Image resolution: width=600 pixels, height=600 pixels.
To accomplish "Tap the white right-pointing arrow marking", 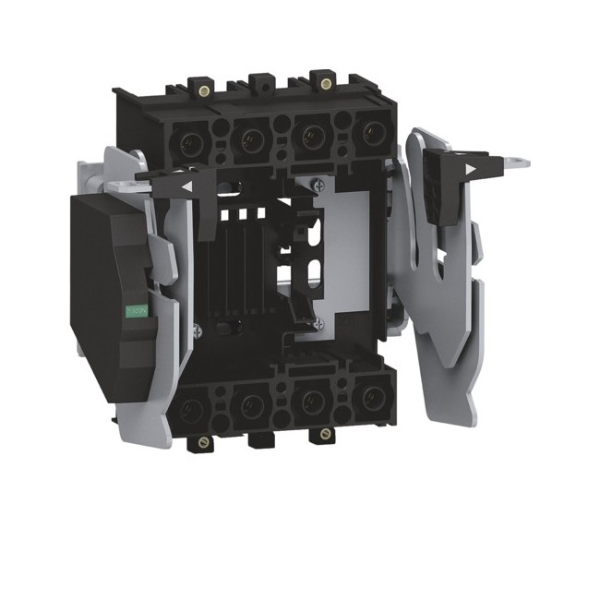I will point(474,170).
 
